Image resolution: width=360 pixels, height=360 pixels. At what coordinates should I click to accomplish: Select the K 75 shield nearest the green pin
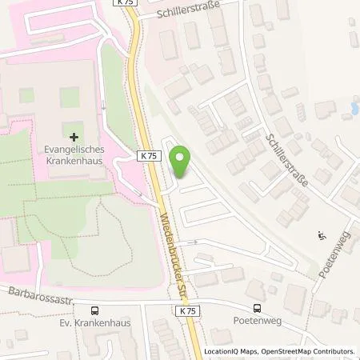[148, 157]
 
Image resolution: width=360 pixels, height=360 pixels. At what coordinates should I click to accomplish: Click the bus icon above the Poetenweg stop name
[258, 308]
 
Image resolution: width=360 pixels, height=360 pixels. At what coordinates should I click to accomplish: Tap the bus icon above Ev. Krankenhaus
[95, 310]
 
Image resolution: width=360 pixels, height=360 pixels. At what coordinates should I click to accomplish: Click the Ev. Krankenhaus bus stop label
[95, 324]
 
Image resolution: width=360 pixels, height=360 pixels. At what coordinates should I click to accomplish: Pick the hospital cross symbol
[74, 138]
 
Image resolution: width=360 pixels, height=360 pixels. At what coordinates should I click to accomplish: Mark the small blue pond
[352, 106]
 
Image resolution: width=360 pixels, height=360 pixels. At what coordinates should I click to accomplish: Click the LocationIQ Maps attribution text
[232, 351]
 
